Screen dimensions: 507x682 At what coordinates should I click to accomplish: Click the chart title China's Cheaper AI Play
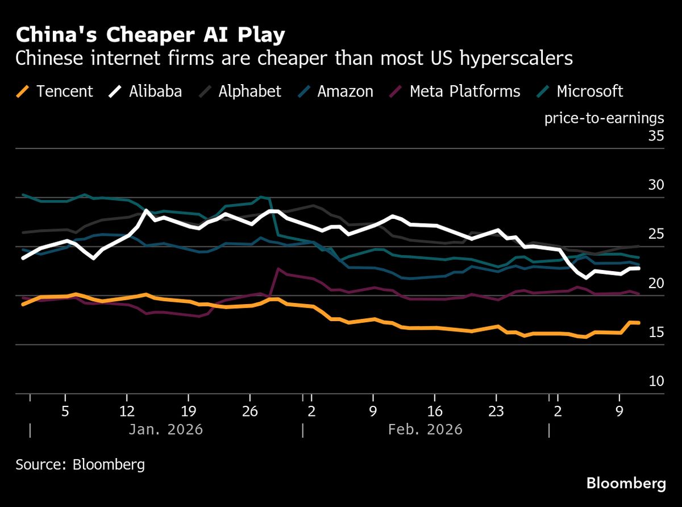click(150, 36)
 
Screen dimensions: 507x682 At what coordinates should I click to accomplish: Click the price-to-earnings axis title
click(604, 118)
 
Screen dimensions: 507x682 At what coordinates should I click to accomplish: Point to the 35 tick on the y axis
click(656, 136)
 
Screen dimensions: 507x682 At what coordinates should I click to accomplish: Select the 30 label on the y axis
click(656, 185)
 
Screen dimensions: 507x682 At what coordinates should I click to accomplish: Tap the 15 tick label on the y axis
click(656, 333)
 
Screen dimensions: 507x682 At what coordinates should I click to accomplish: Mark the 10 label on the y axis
click(656, 381)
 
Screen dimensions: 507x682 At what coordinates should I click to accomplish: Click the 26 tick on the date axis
click(250, 411)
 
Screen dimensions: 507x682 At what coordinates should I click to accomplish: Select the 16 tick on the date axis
click(434, 411)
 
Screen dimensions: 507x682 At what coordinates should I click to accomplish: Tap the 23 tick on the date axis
click(496, 411)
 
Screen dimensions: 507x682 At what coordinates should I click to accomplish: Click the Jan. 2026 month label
click(165, 430)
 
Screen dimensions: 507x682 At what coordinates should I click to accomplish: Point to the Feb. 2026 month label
click(425, 430)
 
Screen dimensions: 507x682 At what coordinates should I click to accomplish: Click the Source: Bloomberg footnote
click(80, 464)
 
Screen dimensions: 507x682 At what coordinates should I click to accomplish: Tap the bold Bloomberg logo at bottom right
click(626, 484)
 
